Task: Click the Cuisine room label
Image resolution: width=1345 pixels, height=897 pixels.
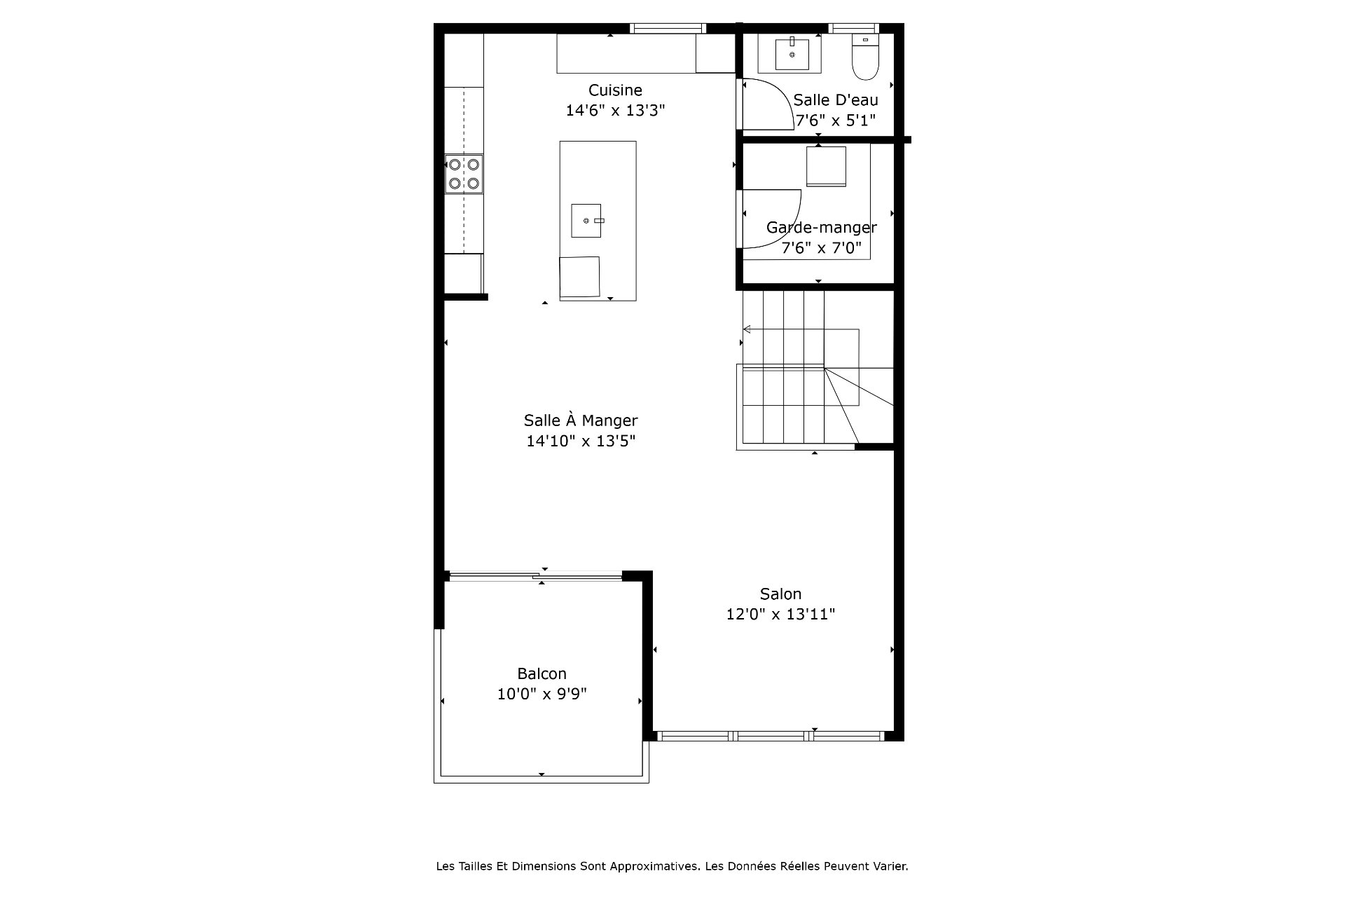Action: (x=615, y=90)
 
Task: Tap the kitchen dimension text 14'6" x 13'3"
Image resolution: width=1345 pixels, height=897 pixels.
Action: (x=615, y=110)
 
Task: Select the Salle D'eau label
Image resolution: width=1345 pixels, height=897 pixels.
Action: (x=835, y=100)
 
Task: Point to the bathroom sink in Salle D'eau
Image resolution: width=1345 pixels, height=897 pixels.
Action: (x=792, y=54)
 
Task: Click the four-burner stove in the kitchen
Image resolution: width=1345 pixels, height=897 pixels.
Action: (x=464, y=174)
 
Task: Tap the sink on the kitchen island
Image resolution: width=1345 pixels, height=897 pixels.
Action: (x=586, y=221)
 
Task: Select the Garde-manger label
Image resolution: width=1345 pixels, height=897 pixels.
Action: (x=821, y=227)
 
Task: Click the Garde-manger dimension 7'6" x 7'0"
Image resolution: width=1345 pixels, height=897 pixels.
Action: (x=821, y=247)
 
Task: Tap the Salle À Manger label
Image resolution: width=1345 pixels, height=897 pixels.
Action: (x=581, y=420)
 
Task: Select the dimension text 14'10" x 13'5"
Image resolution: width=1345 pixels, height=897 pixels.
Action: (x=581, y=441)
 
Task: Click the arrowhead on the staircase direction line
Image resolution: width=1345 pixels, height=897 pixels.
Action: (x=747, y=329)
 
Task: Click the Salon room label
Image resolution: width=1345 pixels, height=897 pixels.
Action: (x=780, y=594)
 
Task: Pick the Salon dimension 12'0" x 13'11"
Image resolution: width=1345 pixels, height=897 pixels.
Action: (x=780, y=614)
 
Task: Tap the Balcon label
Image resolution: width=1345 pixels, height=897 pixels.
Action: (x=542, y=673)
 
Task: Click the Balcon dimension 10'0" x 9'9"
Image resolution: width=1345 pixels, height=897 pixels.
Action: (x=542, y=694)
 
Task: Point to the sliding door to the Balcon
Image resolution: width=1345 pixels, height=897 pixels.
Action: (x=534, y=577)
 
